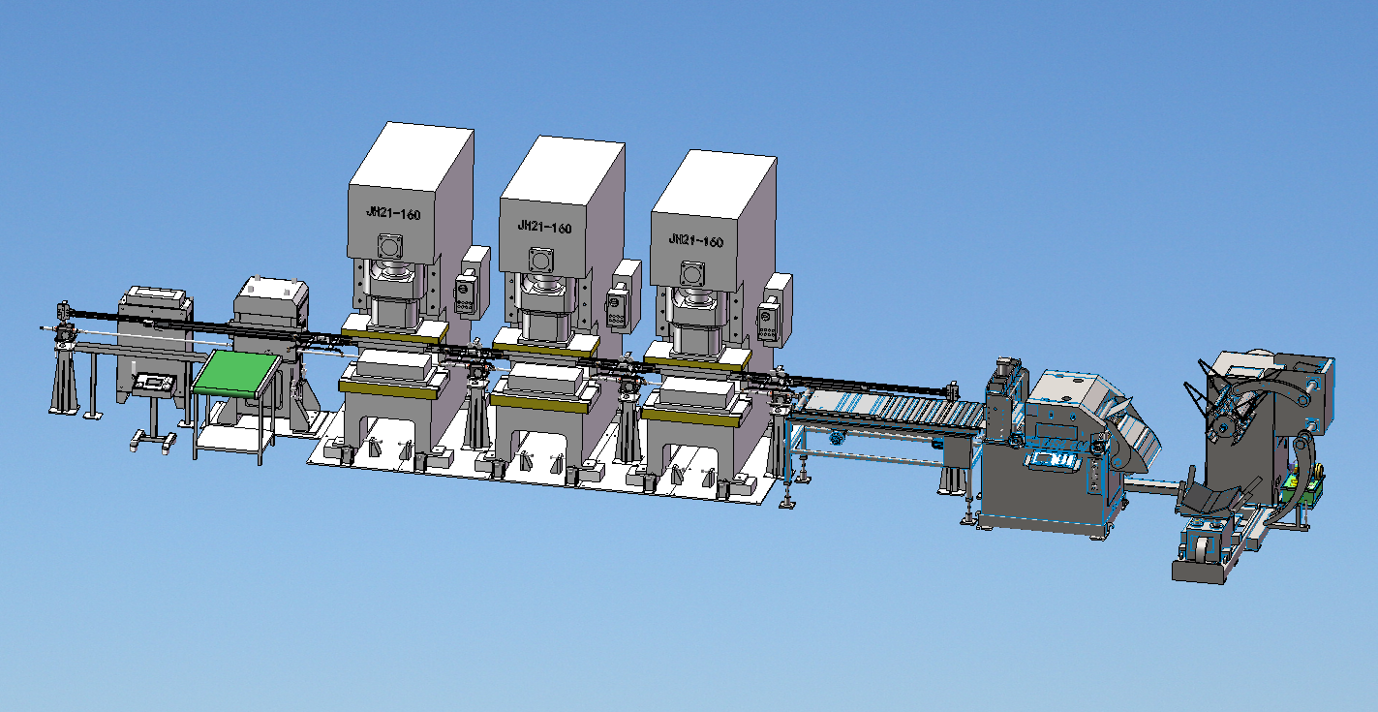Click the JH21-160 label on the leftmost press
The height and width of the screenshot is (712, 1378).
click(x=393, y=213)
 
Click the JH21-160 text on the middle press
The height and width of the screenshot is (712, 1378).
click(x=544, y=227)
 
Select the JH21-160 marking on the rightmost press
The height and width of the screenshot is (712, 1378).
click(x=695, y=240)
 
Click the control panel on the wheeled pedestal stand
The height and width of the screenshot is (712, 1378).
click(x=156, y=383)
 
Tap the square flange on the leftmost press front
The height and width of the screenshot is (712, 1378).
click(x=389, y=247)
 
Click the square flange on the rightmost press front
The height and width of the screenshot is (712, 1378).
click(x=692, y=274)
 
